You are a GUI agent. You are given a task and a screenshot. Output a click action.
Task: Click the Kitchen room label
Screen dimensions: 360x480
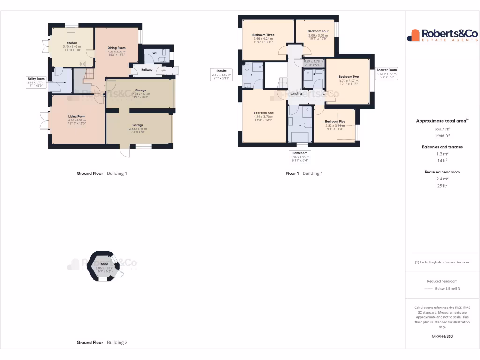click(72, 43)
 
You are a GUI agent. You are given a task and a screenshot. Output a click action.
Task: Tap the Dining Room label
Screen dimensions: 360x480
click(116, 48)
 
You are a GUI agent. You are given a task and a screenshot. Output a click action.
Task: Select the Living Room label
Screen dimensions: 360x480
click(77, 116)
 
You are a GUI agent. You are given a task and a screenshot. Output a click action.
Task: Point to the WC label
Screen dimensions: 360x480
click(155, 53)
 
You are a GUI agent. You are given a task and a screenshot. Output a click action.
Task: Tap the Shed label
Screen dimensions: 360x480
click(105, 264)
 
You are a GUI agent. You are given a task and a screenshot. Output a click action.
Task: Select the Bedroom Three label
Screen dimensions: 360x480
click(263, 35)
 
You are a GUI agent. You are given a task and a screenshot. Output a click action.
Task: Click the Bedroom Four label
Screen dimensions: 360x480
click(318, 31)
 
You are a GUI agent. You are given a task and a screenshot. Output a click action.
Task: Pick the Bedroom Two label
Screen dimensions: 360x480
click(348, 76)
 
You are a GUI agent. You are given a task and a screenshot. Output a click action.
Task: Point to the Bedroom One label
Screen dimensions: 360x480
click(263, 113)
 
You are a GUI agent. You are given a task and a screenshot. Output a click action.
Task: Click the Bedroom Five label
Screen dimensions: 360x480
click(335, 122)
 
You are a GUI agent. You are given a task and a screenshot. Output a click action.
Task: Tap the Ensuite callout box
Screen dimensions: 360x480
click(221, 75)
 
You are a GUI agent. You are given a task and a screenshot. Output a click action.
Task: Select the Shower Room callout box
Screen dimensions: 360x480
click(387, 73)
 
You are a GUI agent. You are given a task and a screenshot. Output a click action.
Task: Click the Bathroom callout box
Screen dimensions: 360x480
click(300, 157)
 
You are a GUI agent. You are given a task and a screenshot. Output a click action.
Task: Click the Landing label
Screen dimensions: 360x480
click(296, 93)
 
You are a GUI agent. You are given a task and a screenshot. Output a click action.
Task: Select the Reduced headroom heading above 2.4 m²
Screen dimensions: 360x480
click(442, 172)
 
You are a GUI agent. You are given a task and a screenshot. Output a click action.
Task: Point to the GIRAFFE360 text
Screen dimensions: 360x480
click(442, 336)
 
